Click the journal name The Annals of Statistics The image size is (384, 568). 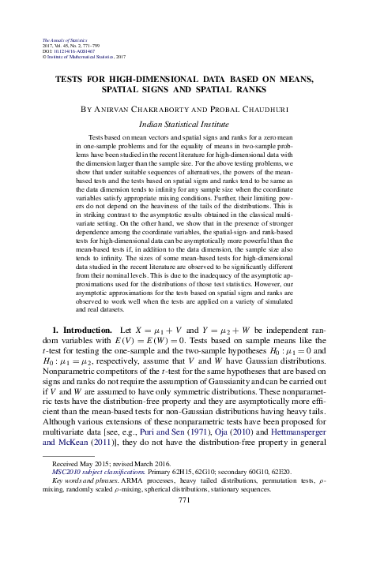coord(60,39)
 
